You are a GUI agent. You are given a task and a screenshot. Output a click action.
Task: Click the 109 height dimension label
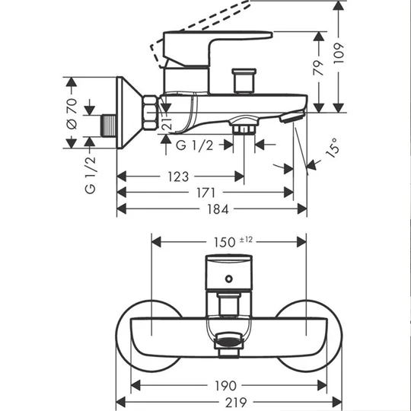point(339,53)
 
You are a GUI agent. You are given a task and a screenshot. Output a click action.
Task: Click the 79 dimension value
point(319,68)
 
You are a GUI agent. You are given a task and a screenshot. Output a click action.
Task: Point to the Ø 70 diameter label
point(72,113)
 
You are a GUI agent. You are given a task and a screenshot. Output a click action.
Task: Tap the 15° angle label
point(333,148)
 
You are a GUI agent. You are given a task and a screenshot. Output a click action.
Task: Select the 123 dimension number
point(178,177)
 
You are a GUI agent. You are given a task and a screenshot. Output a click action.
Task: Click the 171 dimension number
point(205,193)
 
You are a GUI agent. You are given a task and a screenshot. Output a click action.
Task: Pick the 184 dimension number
point(218,209)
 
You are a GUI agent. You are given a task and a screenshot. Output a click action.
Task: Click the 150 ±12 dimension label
point(234,242)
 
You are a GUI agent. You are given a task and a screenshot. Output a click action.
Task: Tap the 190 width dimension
point(226,386)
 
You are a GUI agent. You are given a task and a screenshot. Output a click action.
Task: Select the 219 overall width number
point(236,403)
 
